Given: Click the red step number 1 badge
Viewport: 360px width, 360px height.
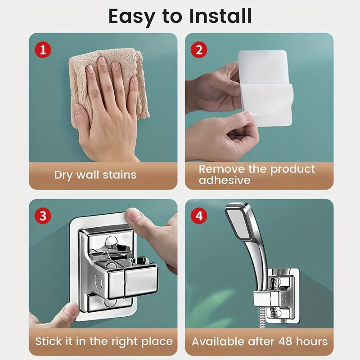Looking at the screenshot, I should [x=43, y=49].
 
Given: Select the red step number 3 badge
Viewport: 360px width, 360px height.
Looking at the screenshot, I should [x=43, y=216].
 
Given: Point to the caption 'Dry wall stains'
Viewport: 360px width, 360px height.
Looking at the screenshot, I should [x=95, y=175].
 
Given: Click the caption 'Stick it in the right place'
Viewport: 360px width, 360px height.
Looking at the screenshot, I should [x=104, y=341].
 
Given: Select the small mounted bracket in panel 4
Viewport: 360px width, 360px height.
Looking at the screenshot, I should [x=277, y=295].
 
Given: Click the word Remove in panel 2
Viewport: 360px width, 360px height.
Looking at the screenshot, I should [x=223, y=169].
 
